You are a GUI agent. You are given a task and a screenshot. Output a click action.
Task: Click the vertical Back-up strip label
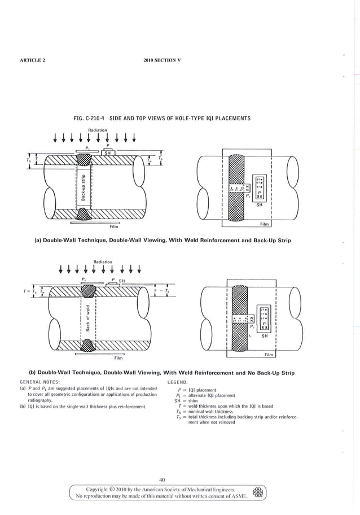pyautogui.click(x=83, y=187)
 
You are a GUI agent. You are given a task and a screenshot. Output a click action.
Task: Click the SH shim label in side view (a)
pyautogui.click(x=107, y=152)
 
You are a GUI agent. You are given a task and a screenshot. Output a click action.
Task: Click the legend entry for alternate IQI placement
pyautogui.click(x=205, y=395)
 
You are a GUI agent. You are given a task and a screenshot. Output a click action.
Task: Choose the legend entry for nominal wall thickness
pyautogui.click(x=210, y=412)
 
